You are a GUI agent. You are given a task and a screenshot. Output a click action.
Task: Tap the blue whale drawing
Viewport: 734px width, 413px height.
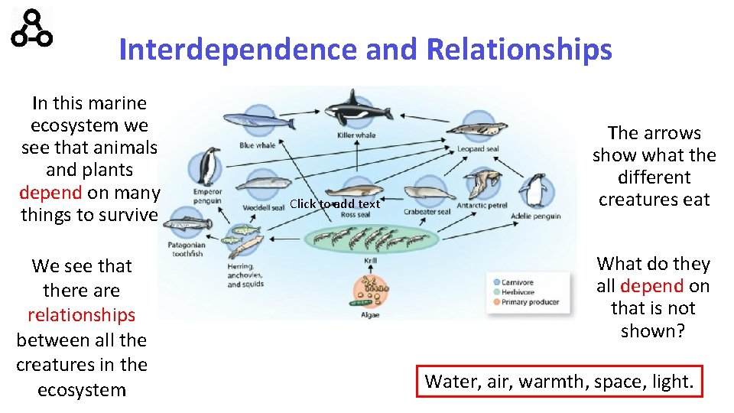coord(250,122)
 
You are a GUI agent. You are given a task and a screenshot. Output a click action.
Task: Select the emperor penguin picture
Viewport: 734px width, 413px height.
coord(207,166)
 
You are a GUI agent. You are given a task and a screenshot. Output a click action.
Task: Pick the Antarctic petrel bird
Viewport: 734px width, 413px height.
coord(484,184)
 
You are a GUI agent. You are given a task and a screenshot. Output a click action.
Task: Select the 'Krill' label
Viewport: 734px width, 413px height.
coord(370,261)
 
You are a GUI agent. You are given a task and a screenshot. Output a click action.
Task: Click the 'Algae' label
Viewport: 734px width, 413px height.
coord(370,314)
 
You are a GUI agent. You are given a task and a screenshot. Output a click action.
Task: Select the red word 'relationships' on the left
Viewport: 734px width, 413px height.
coord(81,315)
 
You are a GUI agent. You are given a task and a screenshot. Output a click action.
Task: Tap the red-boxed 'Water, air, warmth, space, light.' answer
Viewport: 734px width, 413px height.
coord(559,381)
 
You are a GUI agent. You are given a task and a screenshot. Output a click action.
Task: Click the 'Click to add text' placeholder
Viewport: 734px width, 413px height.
coord(334,203)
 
